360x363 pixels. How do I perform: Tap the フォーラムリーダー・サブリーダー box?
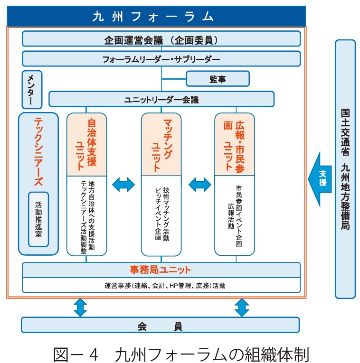[161, 59]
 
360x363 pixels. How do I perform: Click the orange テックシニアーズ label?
[38, 152]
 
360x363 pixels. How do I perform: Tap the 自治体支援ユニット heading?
[86, 144]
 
